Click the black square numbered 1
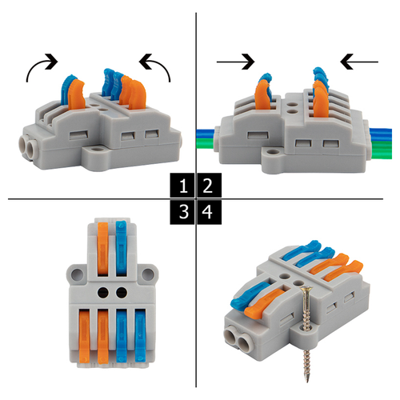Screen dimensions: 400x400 [x=182, y=185]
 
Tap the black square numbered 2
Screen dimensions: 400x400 [x=209, y=185]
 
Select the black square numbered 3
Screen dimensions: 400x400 [x=182, y=212]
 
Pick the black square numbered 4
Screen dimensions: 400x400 [x=209, y=212]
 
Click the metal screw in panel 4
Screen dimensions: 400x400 [x=306, y=334]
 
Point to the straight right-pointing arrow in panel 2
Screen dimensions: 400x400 [x=235, y=62]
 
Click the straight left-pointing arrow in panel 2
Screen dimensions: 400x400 [x=359, y=62]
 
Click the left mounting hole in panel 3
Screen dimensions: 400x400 [x=77, y=274]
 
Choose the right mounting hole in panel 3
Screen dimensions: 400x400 [x=147, y=274]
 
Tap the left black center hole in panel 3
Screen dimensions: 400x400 [x=103, y=293]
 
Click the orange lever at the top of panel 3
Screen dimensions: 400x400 [x=103, y=249]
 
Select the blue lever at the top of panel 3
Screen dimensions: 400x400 [x=122, y=248]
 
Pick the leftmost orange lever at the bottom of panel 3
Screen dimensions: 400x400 [x=85, y=336]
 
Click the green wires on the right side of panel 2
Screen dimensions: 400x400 [x=382, y=150]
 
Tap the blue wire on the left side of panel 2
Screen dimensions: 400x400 [x=205, y=133]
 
